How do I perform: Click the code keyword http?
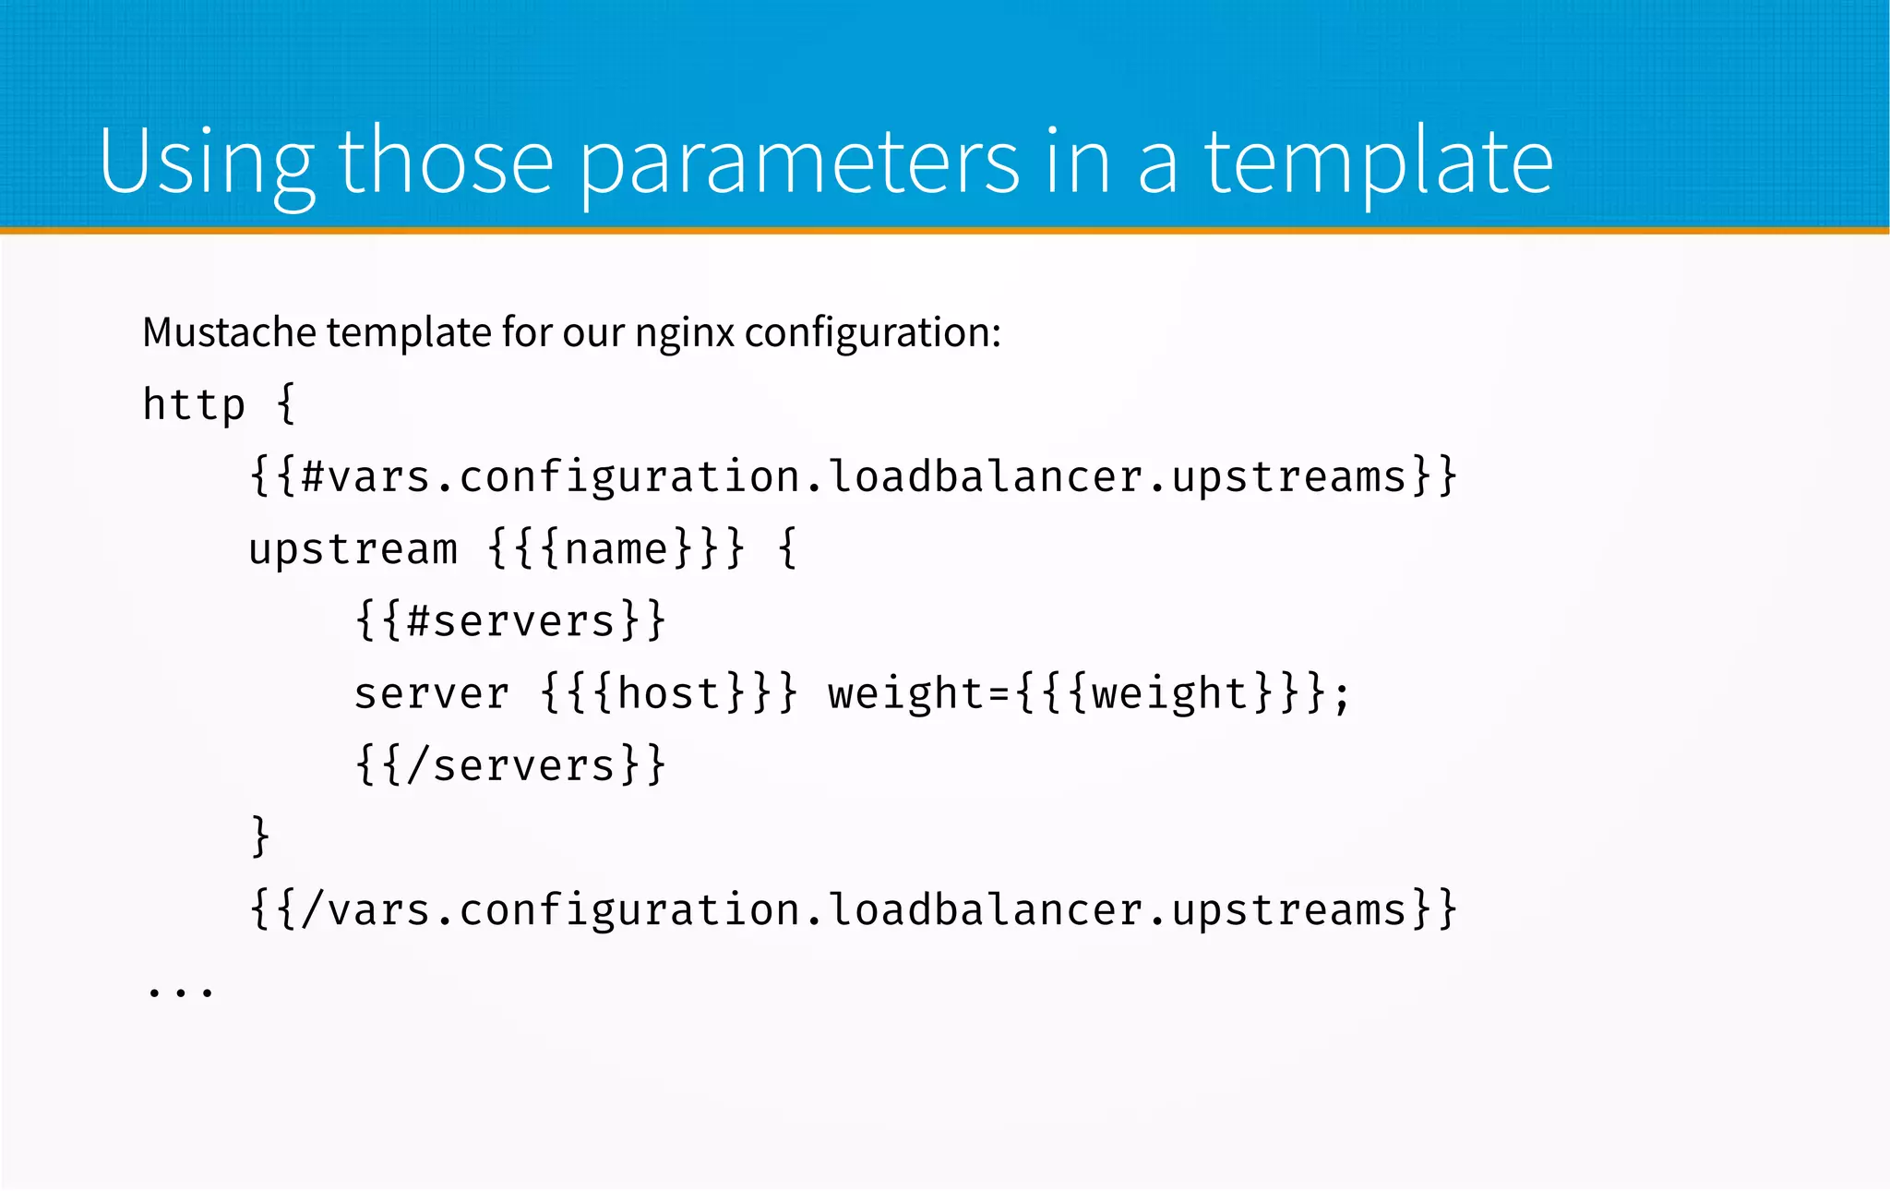point(194,404)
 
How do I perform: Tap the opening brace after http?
point(286,404)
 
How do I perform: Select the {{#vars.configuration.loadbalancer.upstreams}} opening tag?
point(853,477)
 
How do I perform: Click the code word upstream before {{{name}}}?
point(353,549)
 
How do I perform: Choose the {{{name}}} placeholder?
point(616,549)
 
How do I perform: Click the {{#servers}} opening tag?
point(510,620)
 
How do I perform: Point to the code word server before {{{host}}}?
point(431,693)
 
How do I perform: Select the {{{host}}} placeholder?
point(669,693)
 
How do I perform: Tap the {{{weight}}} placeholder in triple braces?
point(1170,693)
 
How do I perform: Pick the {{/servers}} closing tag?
point(510,765)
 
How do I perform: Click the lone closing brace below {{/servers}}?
point(260,836)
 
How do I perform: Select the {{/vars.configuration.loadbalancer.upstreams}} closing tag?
point(853,909)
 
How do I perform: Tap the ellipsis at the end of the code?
point(181,992)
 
